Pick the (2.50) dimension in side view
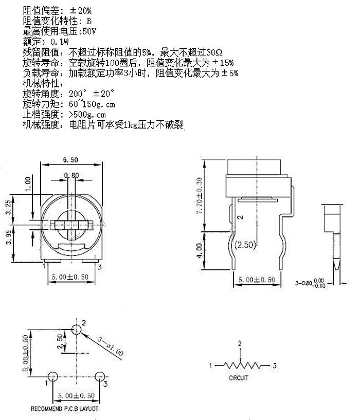click(245, 245)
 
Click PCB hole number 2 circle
click(77, 330)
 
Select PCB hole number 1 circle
click(52, 376)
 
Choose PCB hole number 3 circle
click(100, 376)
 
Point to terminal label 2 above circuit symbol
click(239, 343)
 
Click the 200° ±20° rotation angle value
click(92, 94)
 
